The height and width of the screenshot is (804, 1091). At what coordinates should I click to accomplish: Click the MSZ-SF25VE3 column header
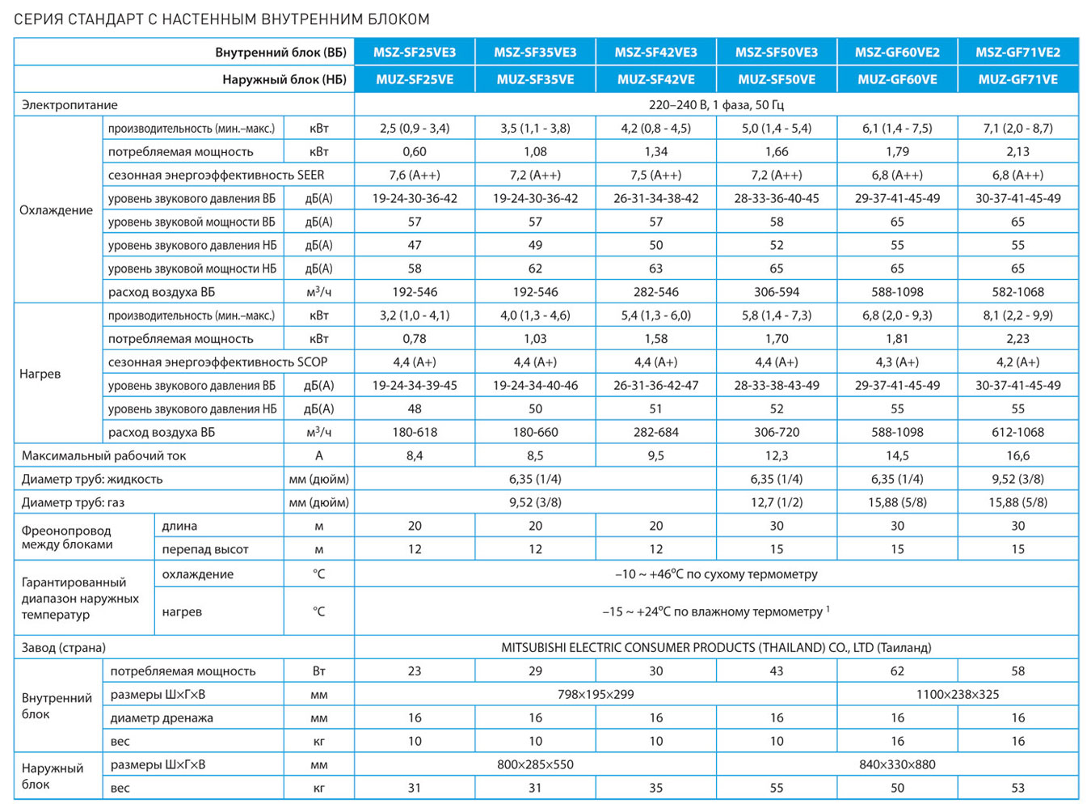tap(415, 52)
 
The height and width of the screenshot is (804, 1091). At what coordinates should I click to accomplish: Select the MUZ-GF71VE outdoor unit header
tap(1018, 79)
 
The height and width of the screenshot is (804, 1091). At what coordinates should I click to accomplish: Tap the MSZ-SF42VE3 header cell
tap(655, 52)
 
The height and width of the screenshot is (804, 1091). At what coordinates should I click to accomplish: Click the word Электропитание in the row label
tap(70, 105)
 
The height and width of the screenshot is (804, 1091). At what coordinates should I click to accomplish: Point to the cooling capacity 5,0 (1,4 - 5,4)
tap(777, 129)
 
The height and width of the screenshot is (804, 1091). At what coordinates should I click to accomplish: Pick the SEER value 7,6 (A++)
tap(415, 175)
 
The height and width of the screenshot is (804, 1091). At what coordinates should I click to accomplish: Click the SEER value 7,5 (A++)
tap(655, 175)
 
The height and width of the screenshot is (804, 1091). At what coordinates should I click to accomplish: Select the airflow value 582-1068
tap(1018, 292)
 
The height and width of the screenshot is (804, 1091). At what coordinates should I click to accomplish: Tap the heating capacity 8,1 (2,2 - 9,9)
tap(1018, 315)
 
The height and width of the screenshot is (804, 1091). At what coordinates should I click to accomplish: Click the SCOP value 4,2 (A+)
tap(1018, 362)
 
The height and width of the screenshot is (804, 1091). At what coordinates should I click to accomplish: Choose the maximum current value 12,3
tap(777, 456)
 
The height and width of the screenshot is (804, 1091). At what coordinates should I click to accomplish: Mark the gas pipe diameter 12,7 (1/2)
tap(777, 502)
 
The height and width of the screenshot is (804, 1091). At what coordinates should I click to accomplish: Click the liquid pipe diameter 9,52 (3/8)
tap(1018, 480)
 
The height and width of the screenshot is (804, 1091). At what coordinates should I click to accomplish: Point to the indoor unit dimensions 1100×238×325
tap(958, 694)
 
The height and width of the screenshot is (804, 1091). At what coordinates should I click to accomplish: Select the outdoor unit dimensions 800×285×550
tap(535, 764)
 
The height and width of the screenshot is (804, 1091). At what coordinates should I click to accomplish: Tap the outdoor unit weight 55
tap(777, 788)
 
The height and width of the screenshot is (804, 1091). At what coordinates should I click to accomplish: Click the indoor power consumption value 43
tap(777, 671)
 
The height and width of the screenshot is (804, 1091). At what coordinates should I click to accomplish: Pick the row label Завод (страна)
tap(63, 648)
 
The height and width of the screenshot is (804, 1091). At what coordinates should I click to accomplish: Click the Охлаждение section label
tap(56, 210)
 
